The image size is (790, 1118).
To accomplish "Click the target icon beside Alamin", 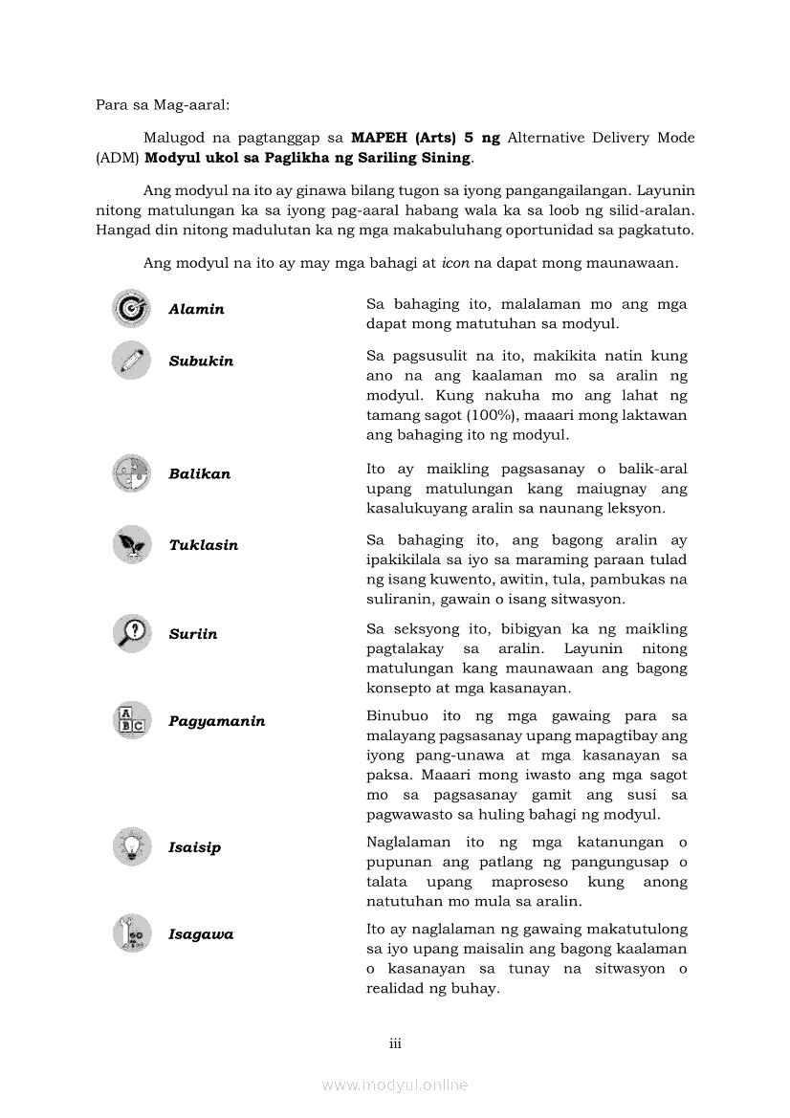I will [131, 309].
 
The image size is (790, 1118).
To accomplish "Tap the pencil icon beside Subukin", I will [131, 361].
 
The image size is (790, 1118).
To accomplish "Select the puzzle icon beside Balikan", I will [131, 473].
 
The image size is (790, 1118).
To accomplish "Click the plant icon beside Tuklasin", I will [131, 545].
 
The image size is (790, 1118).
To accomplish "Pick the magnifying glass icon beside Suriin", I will [131, 633].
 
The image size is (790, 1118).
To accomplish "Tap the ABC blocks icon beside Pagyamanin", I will [131, 721].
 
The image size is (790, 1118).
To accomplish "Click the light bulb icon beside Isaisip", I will [131, 846].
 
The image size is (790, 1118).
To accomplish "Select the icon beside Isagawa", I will [131, 933].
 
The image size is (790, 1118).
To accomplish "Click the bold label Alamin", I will [196, 310].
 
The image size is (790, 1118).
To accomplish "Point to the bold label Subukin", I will [201, 362].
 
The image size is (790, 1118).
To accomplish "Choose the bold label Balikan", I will [199, 474].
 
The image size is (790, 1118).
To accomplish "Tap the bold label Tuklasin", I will [203, 545].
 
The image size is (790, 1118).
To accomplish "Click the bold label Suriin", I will [192, 634].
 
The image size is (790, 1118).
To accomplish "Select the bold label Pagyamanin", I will [216, 721].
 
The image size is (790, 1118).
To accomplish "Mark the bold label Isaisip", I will [194, 847].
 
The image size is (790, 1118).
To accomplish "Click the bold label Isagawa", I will [201, 934].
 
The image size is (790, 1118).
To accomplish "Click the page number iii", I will [395, 1043].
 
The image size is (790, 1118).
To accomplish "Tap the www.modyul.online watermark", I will [395, 1085].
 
